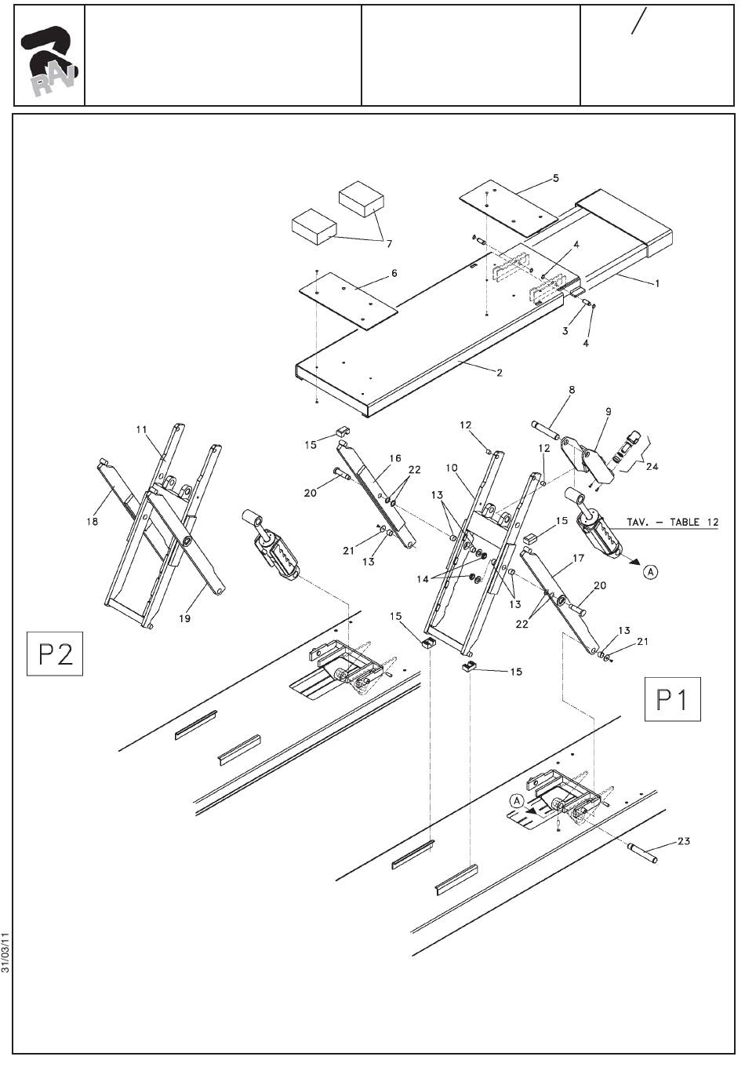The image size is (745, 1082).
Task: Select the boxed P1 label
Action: [672, 699]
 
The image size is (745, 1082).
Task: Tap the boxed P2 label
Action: [55, 654]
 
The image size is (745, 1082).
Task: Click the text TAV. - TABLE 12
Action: [672, 522]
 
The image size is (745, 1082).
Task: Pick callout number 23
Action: [684, 841]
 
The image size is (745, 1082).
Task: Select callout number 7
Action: [389, 244]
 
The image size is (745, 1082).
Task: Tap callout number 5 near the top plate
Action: [556, 178]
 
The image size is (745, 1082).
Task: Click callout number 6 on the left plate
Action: [394, 273]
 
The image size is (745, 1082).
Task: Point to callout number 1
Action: [656, 283]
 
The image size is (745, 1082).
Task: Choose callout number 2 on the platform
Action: [500, 373]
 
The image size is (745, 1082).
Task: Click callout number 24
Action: [652, 467]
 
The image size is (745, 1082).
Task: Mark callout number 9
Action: [608, 412]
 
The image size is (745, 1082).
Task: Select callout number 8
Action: [572, 390]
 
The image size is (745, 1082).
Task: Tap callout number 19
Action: [184, 618]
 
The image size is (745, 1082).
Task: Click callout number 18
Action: [92, 521]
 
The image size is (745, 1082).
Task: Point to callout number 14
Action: [423, 579]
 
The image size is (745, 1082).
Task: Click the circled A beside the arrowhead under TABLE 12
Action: [650, 572]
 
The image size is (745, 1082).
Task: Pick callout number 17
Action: [578, 559]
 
